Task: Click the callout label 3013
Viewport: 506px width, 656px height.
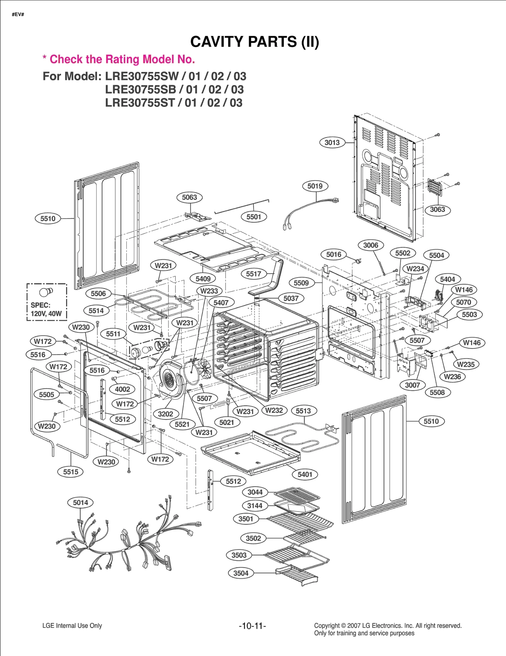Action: tap(332, 142)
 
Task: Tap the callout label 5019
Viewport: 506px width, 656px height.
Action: tap(315, 186)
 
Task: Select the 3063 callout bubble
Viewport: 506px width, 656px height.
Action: tap(437, 209)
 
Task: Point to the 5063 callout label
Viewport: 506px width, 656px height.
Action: tap(189, 197)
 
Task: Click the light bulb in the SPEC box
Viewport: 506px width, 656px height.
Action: tap(46, 292)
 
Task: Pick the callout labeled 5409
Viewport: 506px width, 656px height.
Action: tap(203, 279)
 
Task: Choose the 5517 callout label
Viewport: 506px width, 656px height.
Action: tap(253, 274)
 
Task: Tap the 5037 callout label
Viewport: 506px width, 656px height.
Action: tap(291, 298)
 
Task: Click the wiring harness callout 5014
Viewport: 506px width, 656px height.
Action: tap(80, 503)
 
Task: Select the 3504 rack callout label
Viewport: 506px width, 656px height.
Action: tap(241, 573)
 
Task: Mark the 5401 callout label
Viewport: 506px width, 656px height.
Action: tap(305, 474)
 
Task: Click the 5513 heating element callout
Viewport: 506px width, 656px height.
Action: tap(303, 411)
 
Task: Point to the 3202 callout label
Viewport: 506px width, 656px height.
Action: tap(165, 414)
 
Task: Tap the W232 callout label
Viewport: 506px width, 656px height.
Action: tap(274, 410)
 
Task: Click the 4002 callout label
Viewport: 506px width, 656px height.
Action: tap(122, 389)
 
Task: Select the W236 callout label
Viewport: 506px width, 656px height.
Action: tap(452, 377)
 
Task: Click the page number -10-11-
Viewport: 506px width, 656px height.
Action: tap(252, 626)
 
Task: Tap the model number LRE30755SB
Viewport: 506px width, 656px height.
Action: tap(140, 90)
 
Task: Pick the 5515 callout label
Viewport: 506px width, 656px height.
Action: tap(71, 472)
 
